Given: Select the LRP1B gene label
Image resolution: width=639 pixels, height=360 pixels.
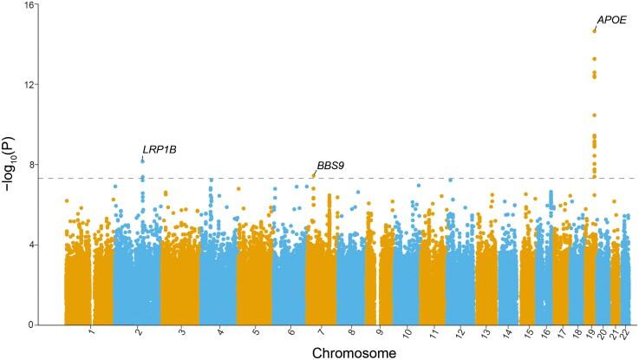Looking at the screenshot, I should click(160, 149).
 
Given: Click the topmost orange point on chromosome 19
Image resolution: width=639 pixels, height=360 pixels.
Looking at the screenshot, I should click(594, 31).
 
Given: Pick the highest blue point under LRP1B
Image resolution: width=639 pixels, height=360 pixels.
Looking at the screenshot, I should click(142, 160).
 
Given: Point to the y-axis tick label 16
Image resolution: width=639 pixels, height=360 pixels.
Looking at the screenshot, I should click(29, 5).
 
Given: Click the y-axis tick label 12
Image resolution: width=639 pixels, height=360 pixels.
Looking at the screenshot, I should click(29, 85).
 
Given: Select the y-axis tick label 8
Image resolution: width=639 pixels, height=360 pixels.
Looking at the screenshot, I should click(32, 165).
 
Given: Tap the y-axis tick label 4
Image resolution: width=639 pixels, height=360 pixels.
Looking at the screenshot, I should click(32, 245).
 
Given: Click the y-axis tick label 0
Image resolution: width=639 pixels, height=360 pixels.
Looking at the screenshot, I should click(32, 325).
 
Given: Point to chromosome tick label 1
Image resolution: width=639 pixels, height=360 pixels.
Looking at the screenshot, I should click(91, 332).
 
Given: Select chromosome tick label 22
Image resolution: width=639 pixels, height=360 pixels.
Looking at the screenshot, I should click(625, 333).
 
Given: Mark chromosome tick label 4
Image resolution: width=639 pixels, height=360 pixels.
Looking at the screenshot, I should click(219, 332).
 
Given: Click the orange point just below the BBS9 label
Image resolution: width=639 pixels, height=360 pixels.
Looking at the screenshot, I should click(313, 176).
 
